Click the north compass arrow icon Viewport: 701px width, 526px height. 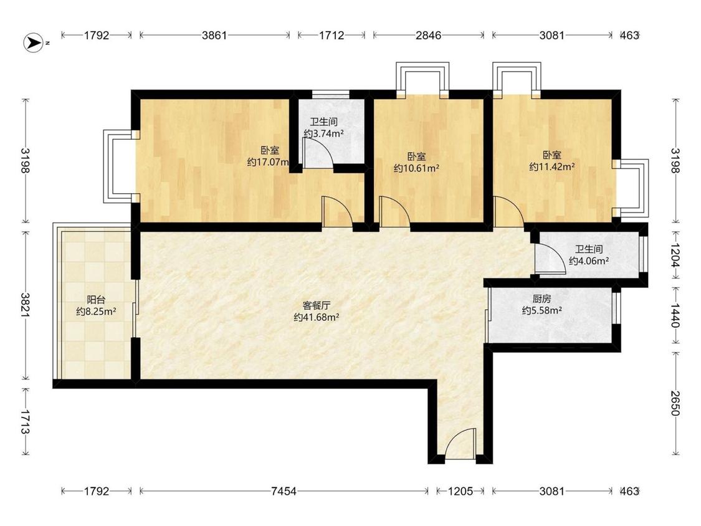[x=33, y=43]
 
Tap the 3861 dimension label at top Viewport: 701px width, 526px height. [x=214, y=36]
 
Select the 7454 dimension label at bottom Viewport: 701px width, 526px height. [x=284, y=491]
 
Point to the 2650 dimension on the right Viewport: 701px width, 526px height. [x=675, y=403]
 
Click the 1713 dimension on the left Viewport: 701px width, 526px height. [x=25, y=422]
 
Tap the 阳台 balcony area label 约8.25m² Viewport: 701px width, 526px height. [x=96, y=312]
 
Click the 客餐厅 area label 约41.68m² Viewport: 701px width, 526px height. [x=316, y=317]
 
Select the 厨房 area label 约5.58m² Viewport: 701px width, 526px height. [x=542, y=310]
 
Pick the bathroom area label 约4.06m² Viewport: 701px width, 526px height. [x=589, y=261]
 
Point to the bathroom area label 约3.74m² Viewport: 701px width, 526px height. [x=323, y=133]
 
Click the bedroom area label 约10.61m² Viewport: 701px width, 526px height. [x=416, y=168]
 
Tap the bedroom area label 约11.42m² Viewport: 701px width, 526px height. [x=552, y=167]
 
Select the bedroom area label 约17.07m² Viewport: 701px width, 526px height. [x=268, y=162]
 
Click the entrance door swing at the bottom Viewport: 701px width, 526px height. [x=461, y=443]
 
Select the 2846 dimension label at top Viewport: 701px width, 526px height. [x=428, y=36]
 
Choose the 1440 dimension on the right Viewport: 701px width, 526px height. [x=675, y=315]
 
